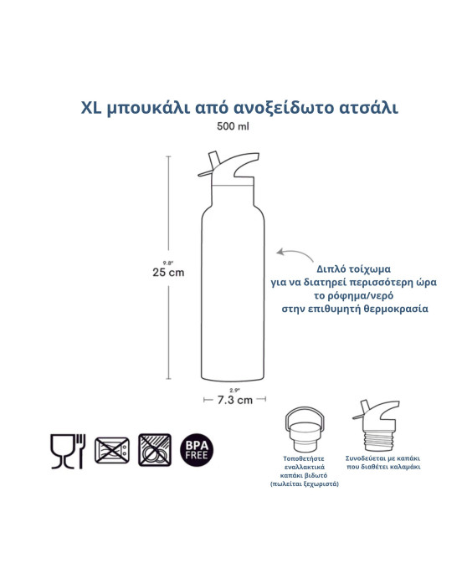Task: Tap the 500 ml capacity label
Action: click(x=231, y=127)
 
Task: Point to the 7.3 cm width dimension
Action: click(x=234, y=400)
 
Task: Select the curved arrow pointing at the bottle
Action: click(x=290, y=252)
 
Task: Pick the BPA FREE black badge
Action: click(x=198, y=450)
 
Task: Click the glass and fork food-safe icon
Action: click(x=67, y=450)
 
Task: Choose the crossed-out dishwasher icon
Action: click(x=154, y=450)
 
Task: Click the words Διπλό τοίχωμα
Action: click(x=344, y=268)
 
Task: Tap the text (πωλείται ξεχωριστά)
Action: click(x=305, y=484)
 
